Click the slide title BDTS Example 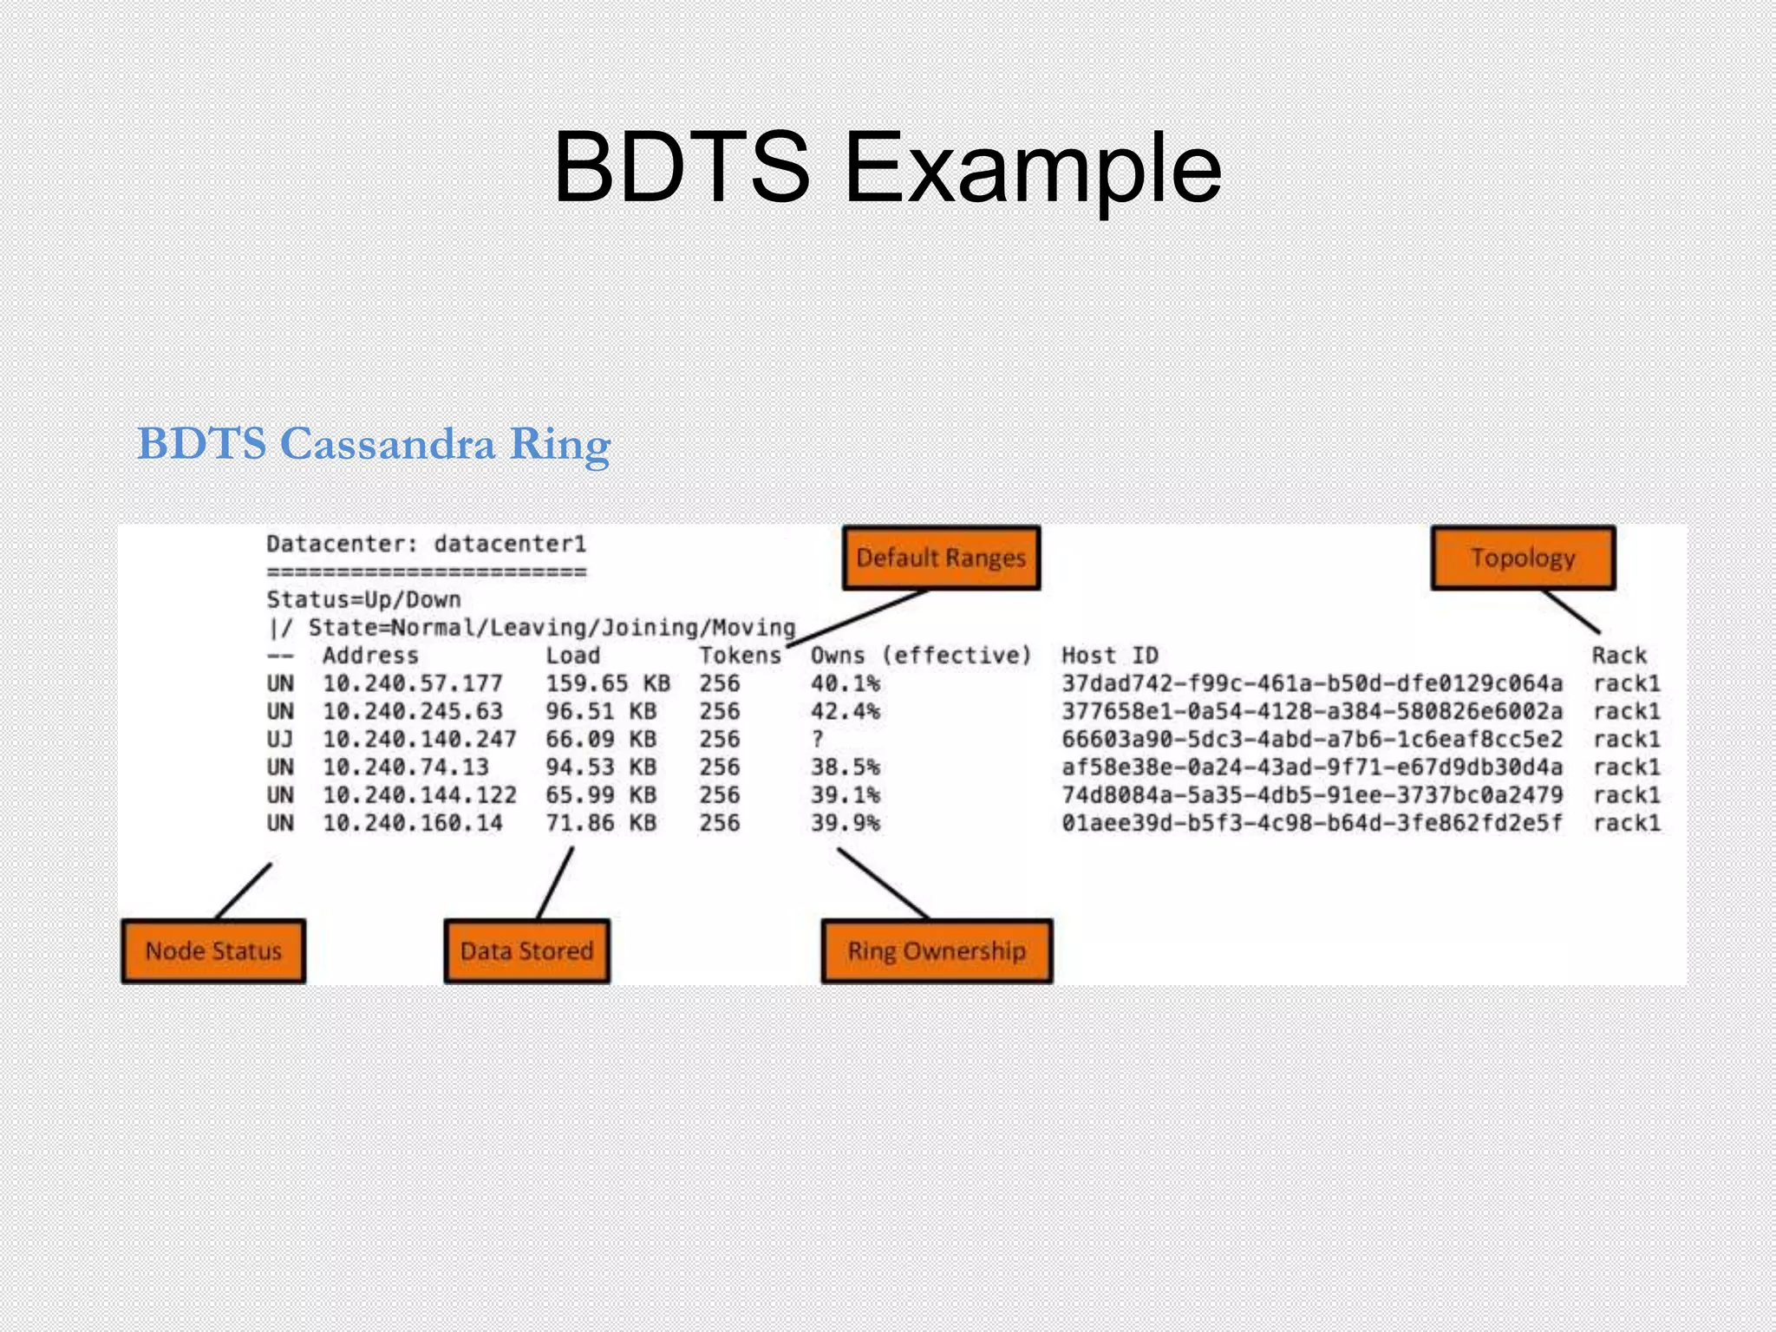(887, 166)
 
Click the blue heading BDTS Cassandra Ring (374, 444)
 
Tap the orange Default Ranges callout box (941, 558)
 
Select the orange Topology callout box (1523, 558)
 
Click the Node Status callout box (213, 951)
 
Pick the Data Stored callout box (526, 951)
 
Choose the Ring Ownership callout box (937, 951)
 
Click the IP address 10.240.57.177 (412, 683)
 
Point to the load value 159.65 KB (607, 683)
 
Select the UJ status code (279, 739)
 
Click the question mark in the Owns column (817, 739)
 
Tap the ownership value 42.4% (845, 711)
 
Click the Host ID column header (1109, 656)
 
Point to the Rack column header (1618, 656)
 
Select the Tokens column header (740, 656)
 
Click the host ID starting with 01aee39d (1311, 822)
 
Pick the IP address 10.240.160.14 (412, 822)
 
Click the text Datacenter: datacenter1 (426, 544)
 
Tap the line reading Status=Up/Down (363, 599)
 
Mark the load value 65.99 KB (600, 794)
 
